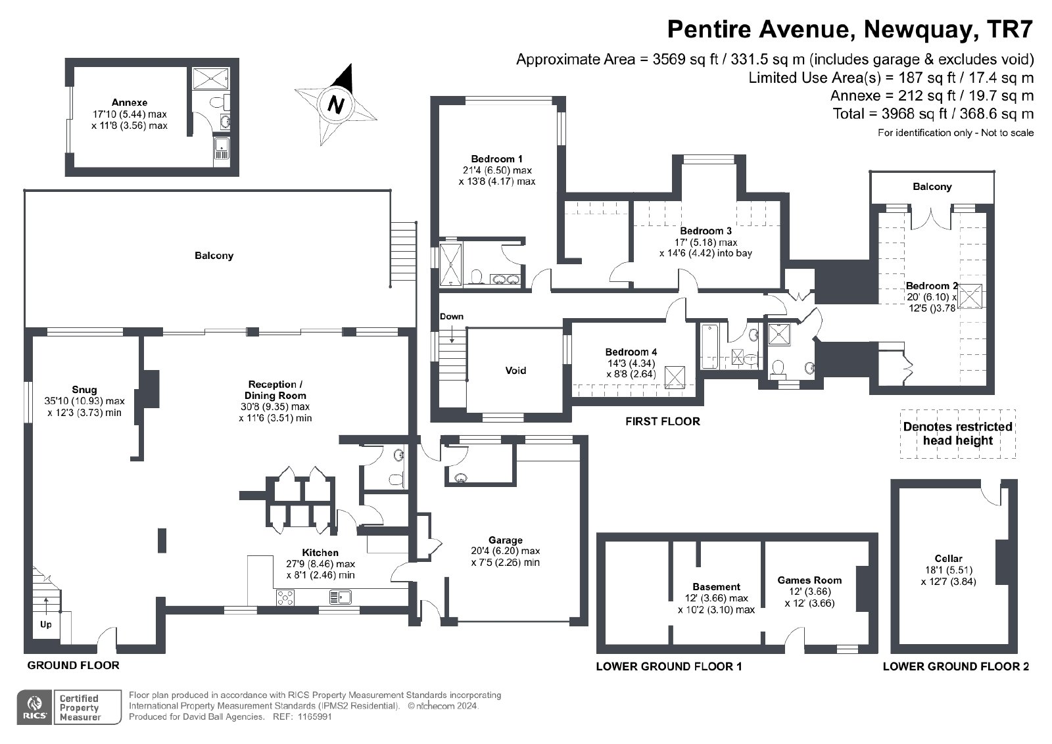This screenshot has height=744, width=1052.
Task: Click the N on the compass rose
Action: pyautogui.click(x=335, y=105)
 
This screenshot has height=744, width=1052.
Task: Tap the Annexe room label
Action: pyautogui.click(x=130, y=103)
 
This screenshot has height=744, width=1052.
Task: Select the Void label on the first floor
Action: pyautogui.click(x=515, y=371)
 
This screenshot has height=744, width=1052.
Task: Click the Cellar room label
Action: pyautogui.click(x=948, y=559)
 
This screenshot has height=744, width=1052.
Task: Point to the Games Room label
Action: pyautogui.click(x=809, y=580)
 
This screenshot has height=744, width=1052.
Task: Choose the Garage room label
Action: pyautogui.click(x=506, y=540)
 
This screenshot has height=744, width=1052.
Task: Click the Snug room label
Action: pyautogui.click(x=85, y=390)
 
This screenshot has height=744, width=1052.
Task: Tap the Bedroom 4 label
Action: pyautogui.click(x=631, y=352)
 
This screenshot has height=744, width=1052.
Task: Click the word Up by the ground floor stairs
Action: pyautogui.click(x=45, y=625)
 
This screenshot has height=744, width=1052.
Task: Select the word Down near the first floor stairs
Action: pyautogui.click(x=451, y=316)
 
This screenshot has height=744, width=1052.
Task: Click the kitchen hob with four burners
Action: pyautogui.click(x=285, y=597)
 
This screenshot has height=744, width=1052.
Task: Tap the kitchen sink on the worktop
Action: pyautogui.click(x=341, y=597)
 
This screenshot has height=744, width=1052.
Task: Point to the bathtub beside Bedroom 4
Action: pyautogui.click(x=709, y=346)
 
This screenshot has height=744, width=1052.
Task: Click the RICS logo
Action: pyautogui.click(x=34, y=707)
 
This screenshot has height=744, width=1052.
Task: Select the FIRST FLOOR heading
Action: pyautogui.click(x=662, y=421)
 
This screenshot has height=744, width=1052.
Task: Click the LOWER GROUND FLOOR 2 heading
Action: pyautogui.click(x=956, y=666)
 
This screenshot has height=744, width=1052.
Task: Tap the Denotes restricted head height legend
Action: pyautogui.click(x=957, y=434)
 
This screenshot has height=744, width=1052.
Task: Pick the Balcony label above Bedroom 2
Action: pyautogui.click(x=932, y=187)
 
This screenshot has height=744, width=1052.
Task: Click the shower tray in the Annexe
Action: pyautogui.click(x=210, y=78)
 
